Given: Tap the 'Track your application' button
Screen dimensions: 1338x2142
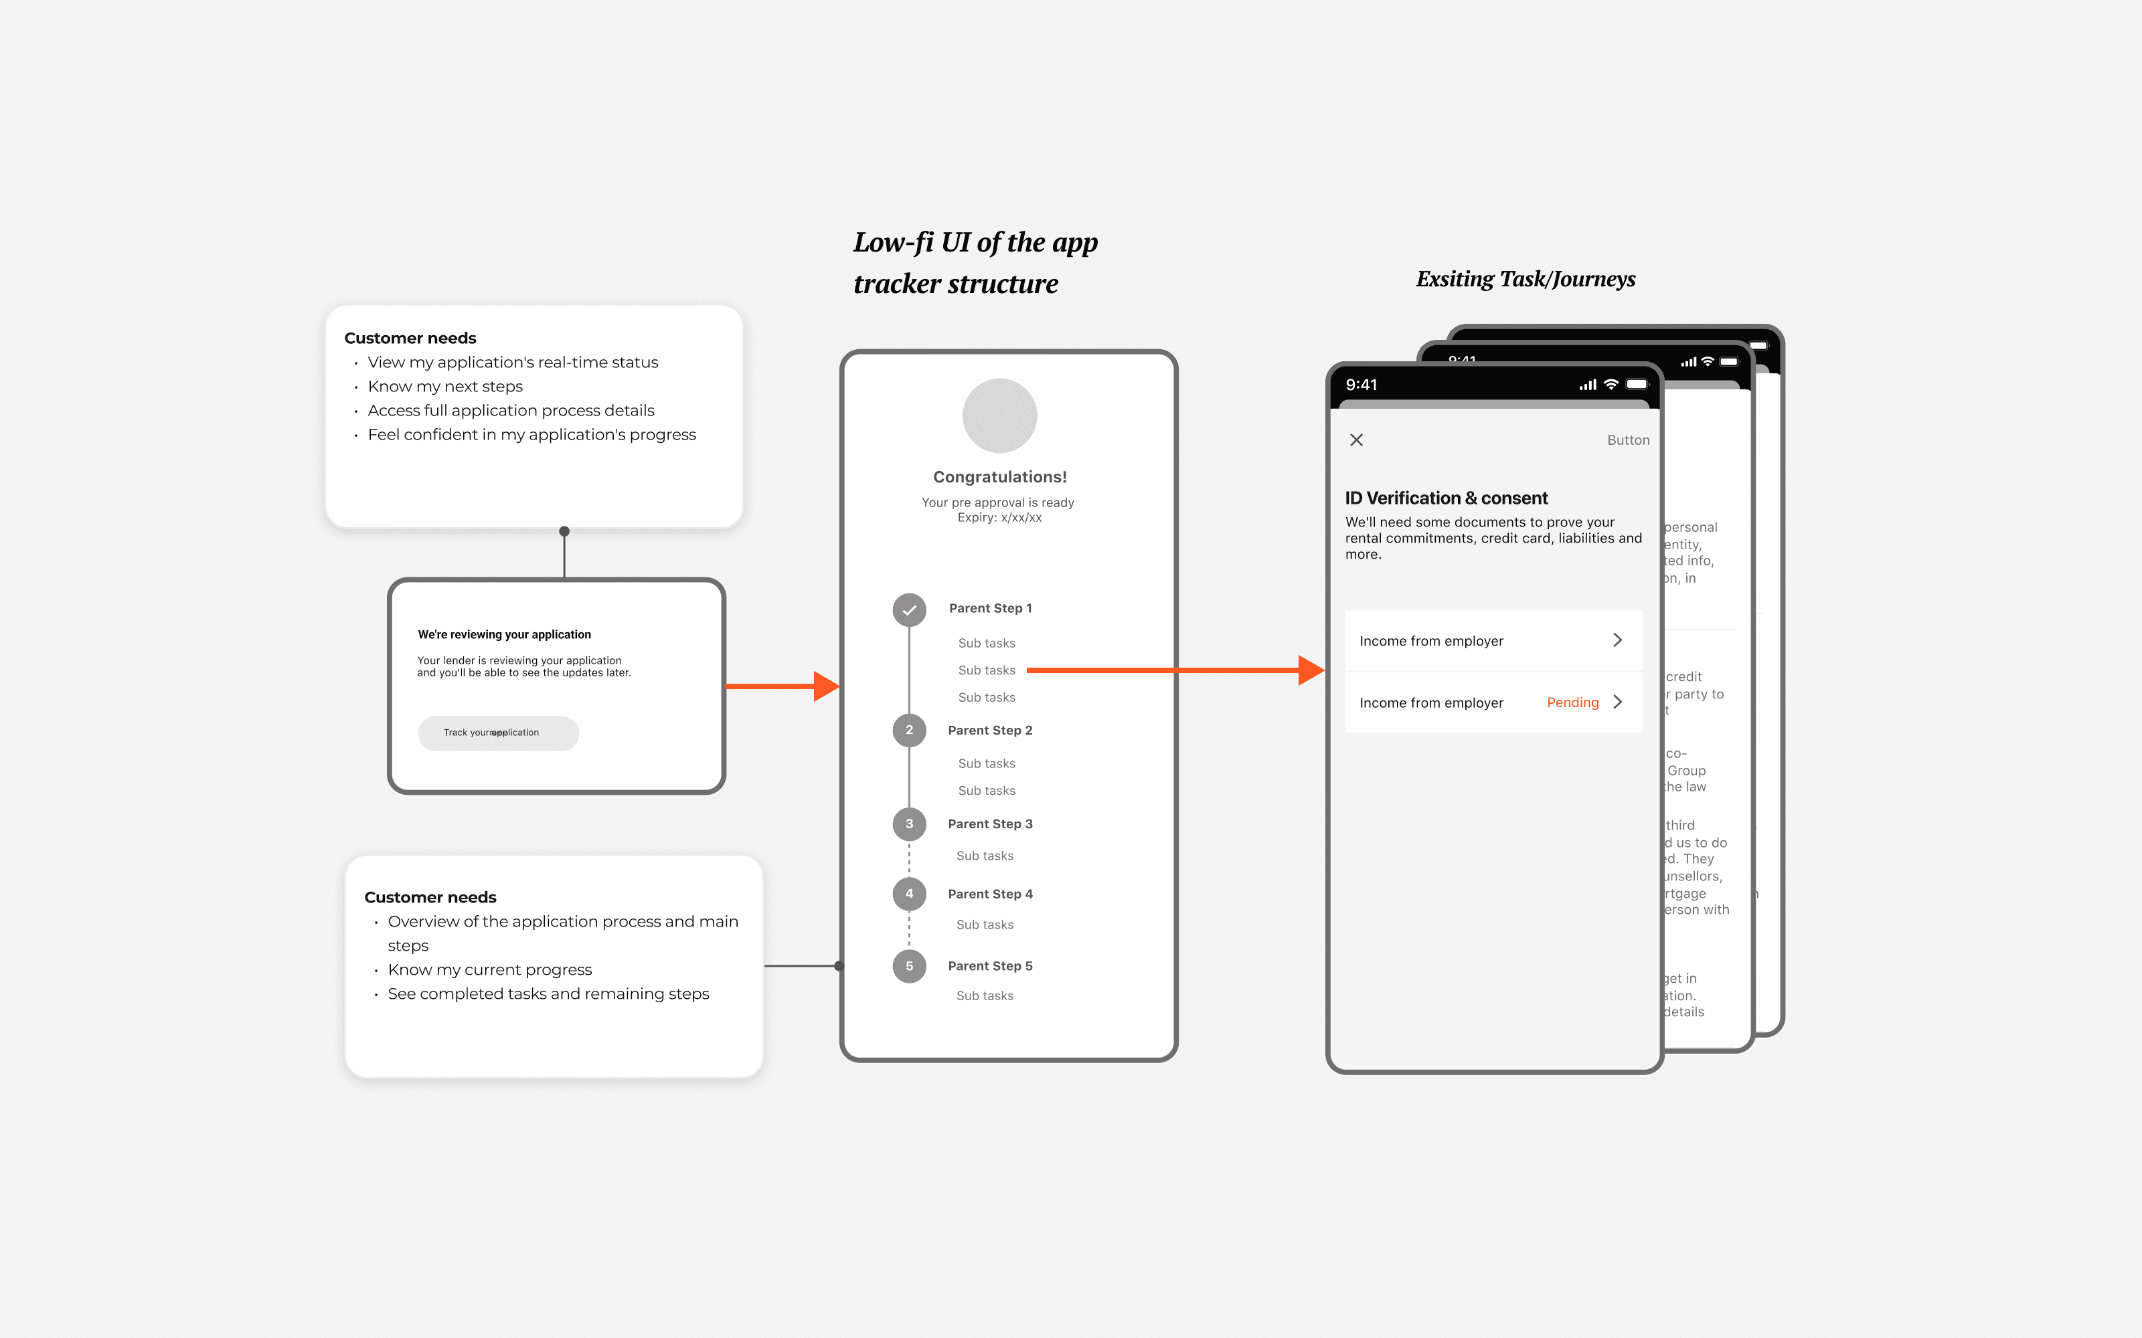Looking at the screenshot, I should [x=497, y=733].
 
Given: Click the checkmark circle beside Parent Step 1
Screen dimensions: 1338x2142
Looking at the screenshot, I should [x=909, y=609].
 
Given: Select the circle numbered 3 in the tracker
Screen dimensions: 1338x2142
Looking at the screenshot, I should [x=909, y=824].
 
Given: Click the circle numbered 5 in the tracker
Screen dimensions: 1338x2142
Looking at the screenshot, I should [x=909, y=966].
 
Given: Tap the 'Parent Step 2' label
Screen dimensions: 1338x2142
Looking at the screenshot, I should [x=989, y=730].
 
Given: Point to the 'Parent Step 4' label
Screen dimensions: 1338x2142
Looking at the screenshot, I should [x=989, y=894].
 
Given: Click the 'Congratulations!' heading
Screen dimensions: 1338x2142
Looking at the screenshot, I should [x=999, y=477].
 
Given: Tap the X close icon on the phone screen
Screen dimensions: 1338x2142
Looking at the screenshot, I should [x=1356, y=440].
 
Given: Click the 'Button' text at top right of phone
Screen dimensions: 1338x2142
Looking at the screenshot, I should [x=1628, y=440].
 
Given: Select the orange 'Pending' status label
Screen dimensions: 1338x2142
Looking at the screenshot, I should [x=1572, y=702].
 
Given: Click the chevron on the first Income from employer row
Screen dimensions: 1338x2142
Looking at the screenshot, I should [x=1617, y=640].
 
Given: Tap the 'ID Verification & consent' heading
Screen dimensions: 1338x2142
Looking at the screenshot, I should [x=1447, y=498].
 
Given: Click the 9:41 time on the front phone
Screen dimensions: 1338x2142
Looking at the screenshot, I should [x=1362, y=385].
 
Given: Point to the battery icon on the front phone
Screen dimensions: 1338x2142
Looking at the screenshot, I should [x=1637, y=385].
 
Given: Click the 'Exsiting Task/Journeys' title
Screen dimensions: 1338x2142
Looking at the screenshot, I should [x=1525, y=280].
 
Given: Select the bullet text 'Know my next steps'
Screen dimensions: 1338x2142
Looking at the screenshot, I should [x=445, y=387].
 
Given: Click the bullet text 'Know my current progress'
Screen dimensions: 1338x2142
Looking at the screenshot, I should [x=489, y=970].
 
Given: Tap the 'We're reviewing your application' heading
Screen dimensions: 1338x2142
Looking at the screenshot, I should [x=503, y=634].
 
